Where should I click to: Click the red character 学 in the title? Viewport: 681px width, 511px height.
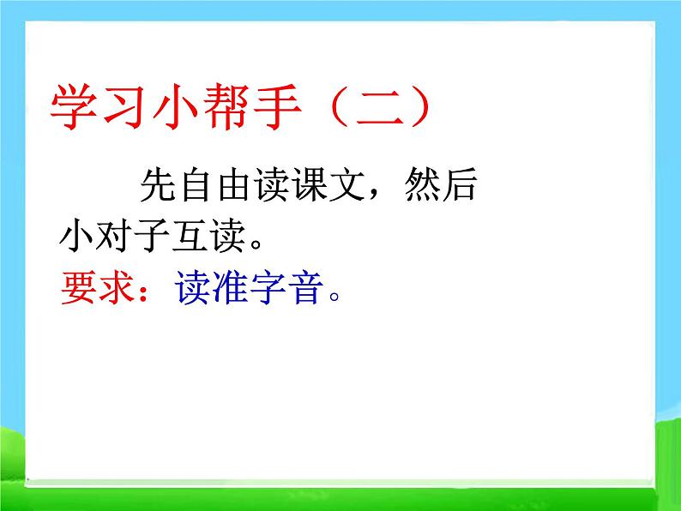(74, 107)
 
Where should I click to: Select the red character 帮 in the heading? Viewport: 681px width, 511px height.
(226, 107)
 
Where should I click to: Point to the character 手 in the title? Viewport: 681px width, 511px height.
(277, 107)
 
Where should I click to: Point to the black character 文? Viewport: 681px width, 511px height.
(347, 184)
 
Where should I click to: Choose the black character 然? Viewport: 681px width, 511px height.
(422, 184)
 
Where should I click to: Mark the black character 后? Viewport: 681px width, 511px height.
(460, 184)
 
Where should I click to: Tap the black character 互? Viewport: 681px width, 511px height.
(190, 236)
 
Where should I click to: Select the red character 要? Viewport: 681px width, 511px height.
(79, 287)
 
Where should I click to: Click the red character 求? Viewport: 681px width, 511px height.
(116, 287)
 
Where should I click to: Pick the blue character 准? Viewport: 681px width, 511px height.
(230, 287)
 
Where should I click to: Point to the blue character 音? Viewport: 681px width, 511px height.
(307, 287)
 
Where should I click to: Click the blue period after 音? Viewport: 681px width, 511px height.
(334, 297)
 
